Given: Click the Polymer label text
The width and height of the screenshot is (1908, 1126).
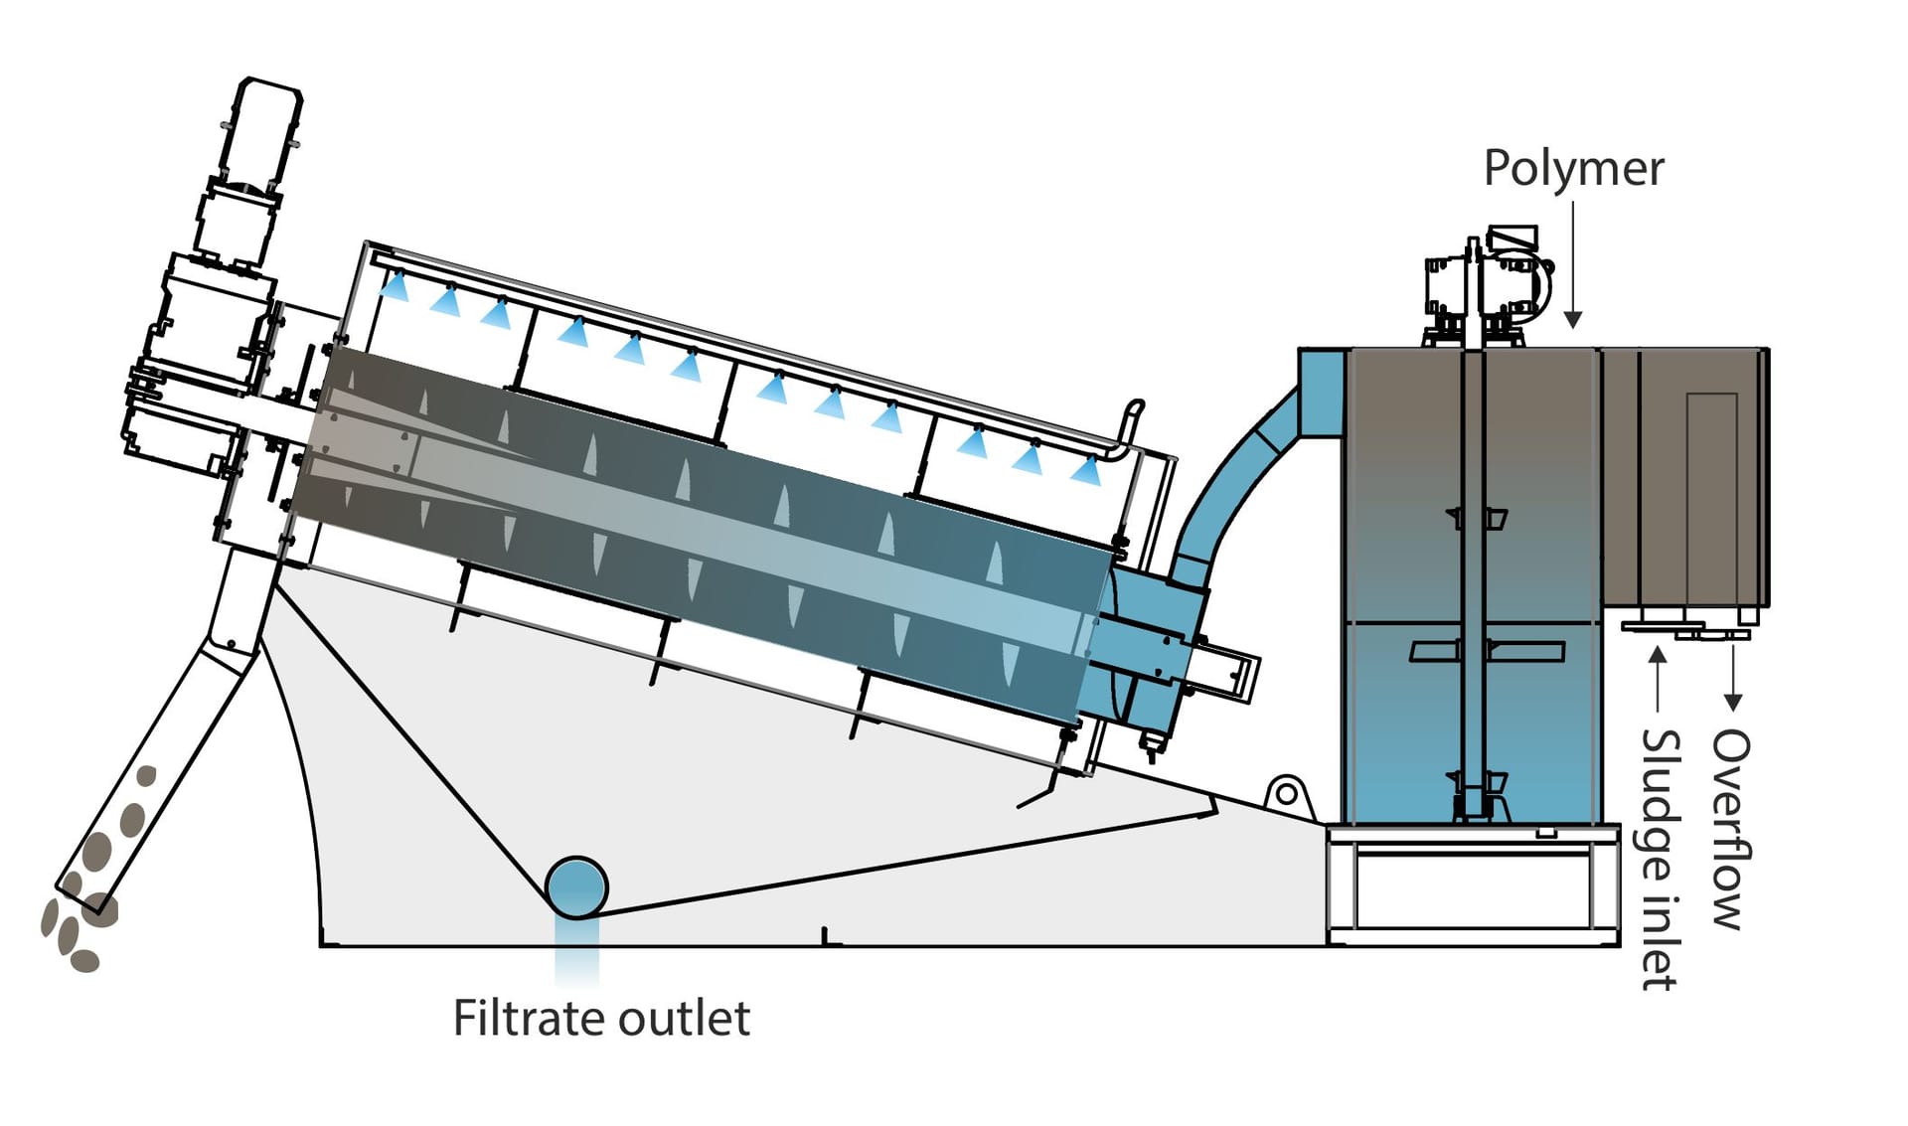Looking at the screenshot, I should (x=1572, y=169).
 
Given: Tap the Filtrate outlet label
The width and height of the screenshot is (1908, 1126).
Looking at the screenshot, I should (x=601, y=1019).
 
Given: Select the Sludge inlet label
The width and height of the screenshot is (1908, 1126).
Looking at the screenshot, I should (x=1659, y=860).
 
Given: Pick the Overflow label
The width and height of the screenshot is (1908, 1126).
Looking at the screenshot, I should (x=1730, y=830).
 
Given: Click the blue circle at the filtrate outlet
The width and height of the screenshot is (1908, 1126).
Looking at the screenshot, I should (x=576, y=887).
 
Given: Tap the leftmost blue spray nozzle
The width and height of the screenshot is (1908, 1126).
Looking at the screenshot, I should (x=396, y=285).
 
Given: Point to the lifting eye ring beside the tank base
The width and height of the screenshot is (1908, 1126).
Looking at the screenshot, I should (x=1286, y=794).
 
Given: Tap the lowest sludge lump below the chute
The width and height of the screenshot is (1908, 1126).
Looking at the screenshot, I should (x=85, y=960).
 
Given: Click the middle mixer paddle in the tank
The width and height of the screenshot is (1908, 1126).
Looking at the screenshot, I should (x=1487, y=651).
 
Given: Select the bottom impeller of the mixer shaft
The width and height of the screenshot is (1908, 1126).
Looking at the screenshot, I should (x=1477, y=795).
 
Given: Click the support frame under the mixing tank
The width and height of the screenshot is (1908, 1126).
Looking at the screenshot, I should (x=1471, y=885).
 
